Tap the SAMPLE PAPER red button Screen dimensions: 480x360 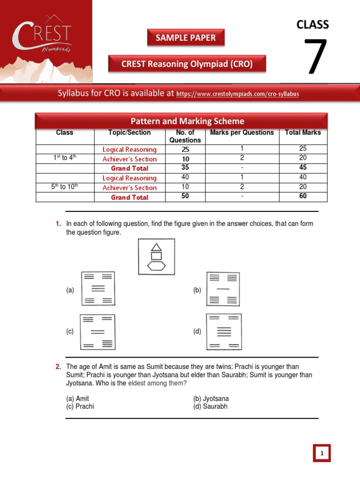point(186,38)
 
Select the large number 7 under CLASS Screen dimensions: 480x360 point(316,57)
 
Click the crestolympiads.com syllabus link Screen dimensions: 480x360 point(237,94)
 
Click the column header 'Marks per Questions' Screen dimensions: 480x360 point(242,133)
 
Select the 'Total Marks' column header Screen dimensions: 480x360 point(303,133)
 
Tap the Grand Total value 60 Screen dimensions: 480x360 point(303,196)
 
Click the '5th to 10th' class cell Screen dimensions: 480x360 point(65,187)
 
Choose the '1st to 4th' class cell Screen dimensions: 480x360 point(65,158)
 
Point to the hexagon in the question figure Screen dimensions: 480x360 point(157,266)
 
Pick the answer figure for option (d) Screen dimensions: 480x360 point(224,332)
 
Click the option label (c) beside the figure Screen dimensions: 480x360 point(70,331)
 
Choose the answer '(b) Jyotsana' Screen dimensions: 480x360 point(211,399)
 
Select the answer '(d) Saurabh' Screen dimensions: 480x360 point(210,406)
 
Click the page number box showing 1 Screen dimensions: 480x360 point(322,453)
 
